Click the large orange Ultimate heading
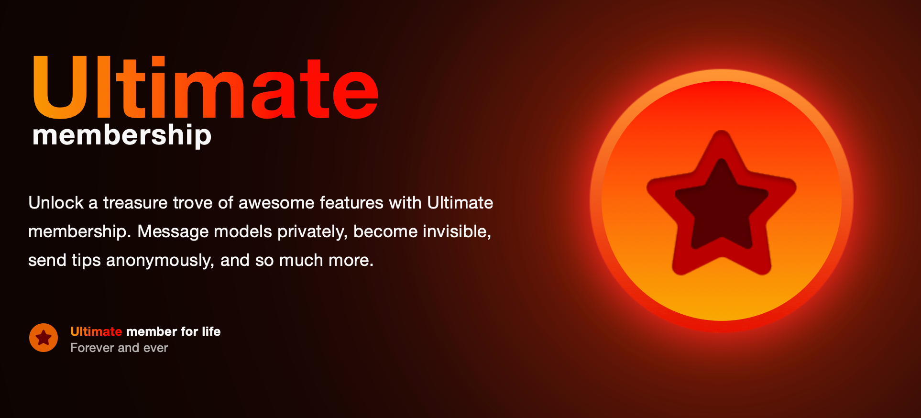click(x=206, y=88)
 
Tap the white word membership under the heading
click(x=122, y=135)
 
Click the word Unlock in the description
click(x=56, y=203)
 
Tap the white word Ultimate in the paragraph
click(x=460, y=203)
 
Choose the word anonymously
click(x=160, y=261)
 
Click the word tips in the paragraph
click(x=86, y=261)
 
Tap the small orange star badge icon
click(x=44, y=338)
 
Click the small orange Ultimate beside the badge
click(x=96, y=331)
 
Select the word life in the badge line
click(x=211, y=331)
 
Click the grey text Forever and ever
click(x=119, y=348)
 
